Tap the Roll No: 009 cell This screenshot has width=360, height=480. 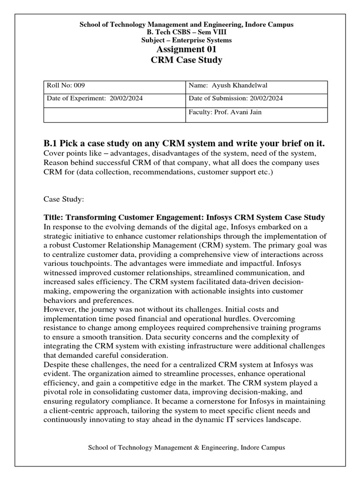(x=66, y=86)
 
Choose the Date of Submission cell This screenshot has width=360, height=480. (x=236, y=99)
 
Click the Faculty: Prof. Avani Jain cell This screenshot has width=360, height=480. (x=225, y=112)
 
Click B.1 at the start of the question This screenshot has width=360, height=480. (x=50, y=143)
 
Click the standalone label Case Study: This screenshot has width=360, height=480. (x=63, y=200)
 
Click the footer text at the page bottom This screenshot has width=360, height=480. (x=186, y=448)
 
